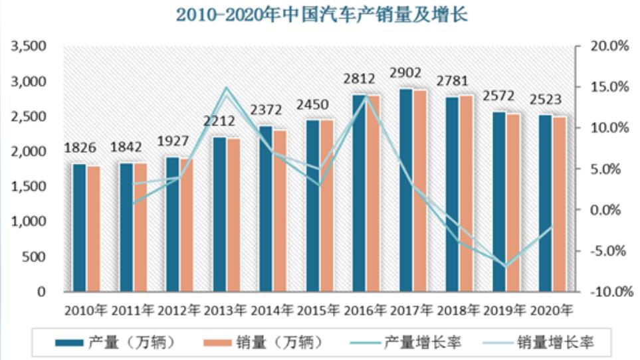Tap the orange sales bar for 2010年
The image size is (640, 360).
94,228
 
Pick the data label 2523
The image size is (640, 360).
546,100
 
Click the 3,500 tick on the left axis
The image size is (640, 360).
27,46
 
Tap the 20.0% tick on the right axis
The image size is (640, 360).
609,46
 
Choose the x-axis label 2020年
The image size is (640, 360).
551,309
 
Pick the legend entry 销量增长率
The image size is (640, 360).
556,342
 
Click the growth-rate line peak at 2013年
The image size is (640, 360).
226,88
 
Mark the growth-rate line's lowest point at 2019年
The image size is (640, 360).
506,266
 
